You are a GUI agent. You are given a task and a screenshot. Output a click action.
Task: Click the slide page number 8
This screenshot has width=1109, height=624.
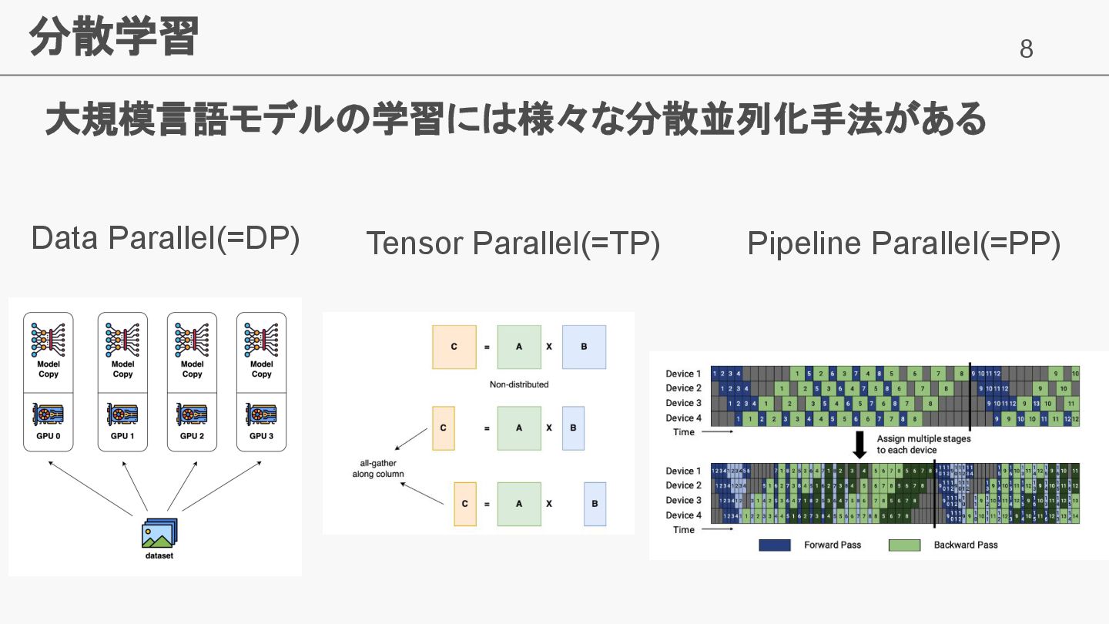click(x=1026, y=50)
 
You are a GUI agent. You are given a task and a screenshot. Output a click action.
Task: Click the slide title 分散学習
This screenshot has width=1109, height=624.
click(x=114, y=37)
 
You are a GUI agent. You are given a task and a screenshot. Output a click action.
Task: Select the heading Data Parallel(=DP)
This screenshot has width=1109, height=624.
click(x=166, y=239)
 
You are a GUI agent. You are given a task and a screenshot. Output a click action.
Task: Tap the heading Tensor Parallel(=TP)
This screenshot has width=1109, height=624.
click(x=513, y=243)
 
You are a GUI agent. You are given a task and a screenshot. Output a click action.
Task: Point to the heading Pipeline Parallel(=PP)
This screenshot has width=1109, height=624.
click(x=904, y=243)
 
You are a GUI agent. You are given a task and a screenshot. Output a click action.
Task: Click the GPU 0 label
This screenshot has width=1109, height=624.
click(x=49, y=436)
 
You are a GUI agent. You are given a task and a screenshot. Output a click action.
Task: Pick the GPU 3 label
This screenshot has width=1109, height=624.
click(x=261, y=436)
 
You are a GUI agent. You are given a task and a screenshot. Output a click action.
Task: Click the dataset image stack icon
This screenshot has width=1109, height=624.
click(x=159, y=532)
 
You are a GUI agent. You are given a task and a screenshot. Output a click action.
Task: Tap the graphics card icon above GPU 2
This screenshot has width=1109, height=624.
click(x=193, y=415)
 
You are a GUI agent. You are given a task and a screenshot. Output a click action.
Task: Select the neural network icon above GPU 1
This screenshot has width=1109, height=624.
click(x=122, y=340)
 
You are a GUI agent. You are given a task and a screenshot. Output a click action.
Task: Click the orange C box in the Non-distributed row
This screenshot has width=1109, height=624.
click(x=454, y=347)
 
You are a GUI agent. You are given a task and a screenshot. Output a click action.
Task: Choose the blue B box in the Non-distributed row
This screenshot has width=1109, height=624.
click(x=584, y=347)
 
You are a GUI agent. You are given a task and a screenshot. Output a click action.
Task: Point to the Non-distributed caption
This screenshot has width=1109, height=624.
click(x=519, y=384)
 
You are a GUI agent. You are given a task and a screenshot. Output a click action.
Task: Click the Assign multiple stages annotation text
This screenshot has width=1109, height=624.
click(x=923, y=445)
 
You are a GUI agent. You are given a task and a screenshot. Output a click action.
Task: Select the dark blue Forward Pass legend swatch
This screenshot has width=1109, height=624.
click(x=775, y=545)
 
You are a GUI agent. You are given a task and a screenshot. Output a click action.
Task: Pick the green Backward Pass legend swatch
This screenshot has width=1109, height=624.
click(x=904, y=545)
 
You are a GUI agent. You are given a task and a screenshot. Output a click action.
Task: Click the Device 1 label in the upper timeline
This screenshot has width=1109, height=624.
click(x=684, y=374)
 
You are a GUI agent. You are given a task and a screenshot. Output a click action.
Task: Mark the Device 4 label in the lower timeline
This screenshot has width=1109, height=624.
click(x=684, y=515)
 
